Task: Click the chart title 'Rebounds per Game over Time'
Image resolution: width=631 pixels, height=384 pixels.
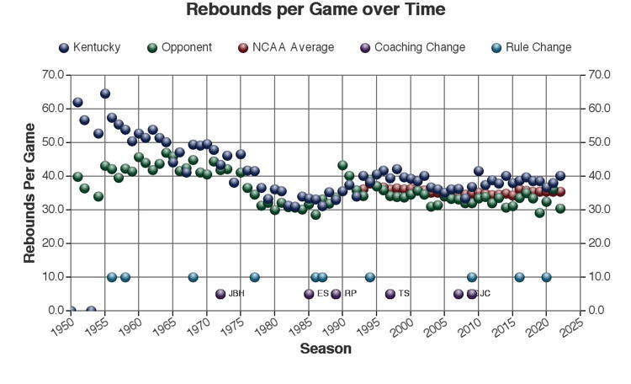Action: point(315,10)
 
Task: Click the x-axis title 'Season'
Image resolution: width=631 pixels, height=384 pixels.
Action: point(326,349)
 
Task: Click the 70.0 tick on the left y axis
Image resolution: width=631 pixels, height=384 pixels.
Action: point(52,75)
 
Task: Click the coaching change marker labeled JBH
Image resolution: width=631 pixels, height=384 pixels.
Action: point(221,294)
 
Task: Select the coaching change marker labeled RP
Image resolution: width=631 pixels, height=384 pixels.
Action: point(337,294)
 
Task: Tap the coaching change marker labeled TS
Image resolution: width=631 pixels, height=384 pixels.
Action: point(390,294)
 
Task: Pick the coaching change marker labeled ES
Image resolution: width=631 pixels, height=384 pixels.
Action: point(310,294)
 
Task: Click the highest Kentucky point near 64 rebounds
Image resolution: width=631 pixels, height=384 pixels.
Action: point(105,93)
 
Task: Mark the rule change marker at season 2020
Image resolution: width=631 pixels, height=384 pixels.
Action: point(547,277)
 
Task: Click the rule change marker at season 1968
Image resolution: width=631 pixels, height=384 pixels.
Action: point(194,277)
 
